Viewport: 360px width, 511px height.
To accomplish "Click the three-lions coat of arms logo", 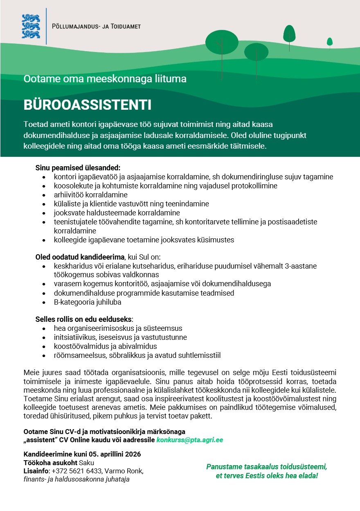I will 31,26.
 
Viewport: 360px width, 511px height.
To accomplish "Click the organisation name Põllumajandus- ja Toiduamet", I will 97,27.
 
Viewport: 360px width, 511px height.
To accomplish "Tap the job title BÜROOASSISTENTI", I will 88,105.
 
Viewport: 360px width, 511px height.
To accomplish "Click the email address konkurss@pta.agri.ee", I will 190,440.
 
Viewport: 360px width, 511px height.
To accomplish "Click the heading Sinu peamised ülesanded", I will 78,168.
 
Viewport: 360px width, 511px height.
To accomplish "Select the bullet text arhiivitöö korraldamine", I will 91,195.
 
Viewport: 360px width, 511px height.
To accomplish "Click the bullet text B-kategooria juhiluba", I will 88,302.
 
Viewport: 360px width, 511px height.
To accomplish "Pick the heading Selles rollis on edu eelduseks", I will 85,319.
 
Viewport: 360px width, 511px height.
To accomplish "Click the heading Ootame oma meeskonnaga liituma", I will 105,79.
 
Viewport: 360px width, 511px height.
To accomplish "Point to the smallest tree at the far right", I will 330,42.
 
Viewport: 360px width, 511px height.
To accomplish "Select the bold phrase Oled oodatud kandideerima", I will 80,257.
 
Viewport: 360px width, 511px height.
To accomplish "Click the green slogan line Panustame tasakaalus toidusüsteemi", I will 267,467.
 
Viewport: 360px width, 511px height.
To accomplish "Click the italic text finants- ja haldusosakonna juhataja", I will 76,479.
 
